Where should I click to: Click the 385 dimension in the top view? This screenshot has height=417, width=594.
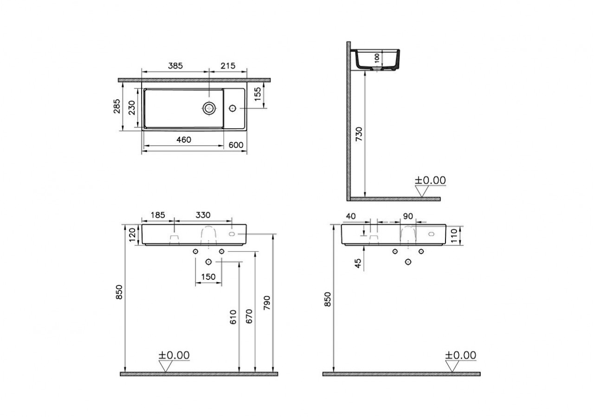(x=175, y=66)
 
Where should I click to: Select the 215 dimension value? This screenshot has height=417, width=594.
(x=228, y=66)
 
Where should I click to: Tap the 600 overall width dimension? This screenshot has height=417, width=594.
(x=236, y=145)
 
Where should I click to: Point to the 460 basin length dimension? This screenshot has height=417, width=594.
(x=184, y=140)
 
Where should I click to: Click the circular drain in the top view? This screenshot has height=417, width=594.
(x=209, y=108)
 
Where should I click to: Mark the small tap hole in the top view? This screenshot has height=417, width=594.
(x=233, y=108)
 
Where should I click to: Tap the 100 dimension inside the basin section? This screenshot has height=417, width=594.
(x=377, y=58)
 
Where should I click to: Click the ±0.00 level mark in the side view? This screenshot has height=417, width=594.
(x=430, y=180)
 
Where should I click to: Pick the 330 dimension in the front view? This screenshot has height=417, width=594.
(x=203, y=215)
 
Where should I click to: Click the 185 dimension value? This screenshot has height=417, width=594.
(x=158, y=215)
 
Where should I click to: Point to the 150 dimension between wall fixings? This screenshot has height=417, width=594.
(x=208, y=277)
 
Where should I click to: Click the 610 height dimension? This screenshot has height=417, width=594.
(x=232, y=317)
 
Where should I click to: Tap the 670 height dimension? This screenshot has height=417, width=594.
(x=249, y=317)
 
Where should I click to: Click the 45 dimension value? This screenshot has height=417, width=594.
(x=358, y=263)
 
